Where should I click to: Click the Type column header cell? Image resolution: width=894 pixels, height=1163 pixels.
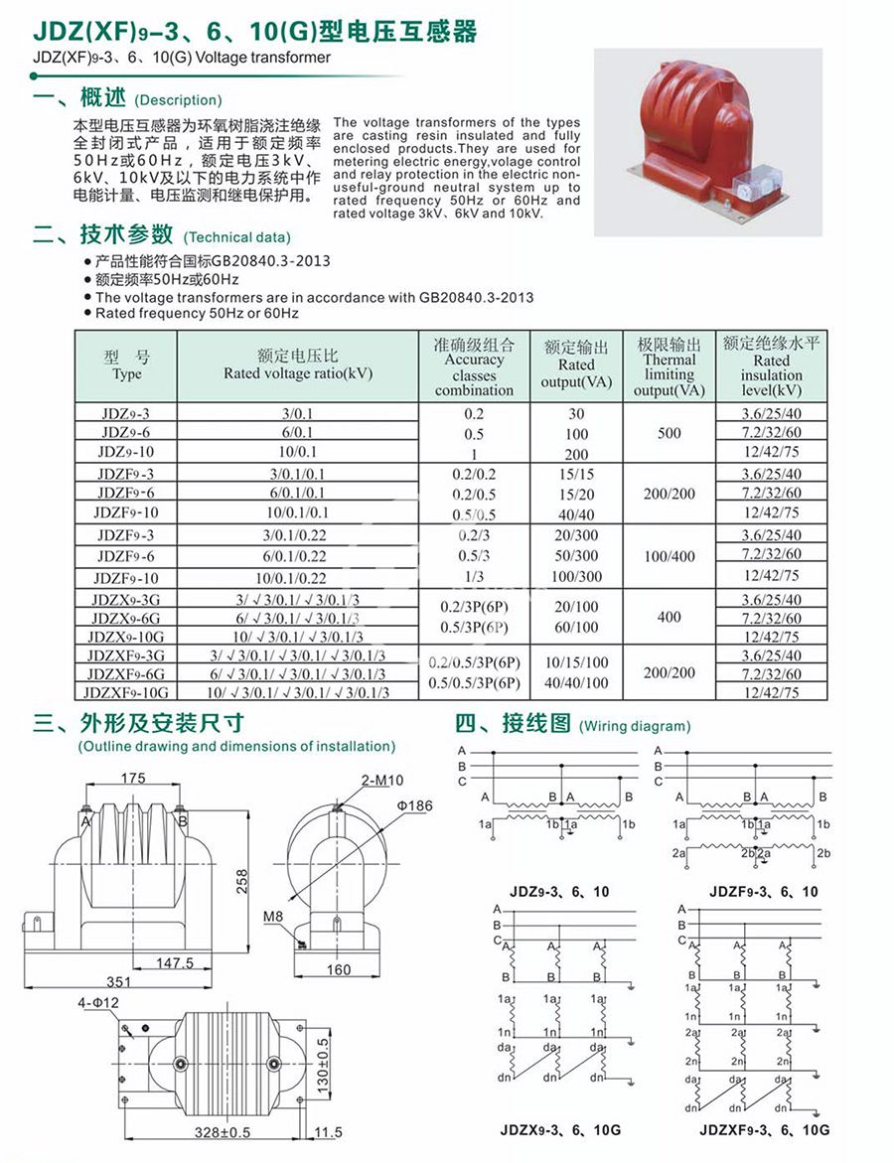click(x=126, y=366)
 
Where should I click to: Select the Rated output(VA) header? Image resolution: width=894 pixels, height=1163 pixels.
click(x=576, y=365)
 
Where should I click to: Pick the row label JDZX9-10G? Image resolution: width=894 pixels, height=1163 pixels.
click(x=126, y=637)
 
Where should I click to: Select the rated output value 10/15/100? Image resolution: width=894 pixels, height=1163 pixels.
click(x=576, y=662)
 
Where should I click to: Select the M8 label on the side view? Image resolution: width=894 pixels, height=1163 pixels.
click(x=277, y=917)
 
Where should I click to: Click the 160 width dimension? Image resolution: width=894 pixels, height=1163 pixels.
click(x=339, y=969)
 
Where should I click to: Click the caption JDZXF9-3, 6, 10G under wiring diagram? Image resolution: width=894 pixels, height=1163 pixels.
click(x=764, y=1129)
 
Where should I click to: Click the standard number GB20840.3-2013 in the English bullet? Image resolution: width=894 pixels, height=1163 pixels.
click(x=476, y=297)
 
